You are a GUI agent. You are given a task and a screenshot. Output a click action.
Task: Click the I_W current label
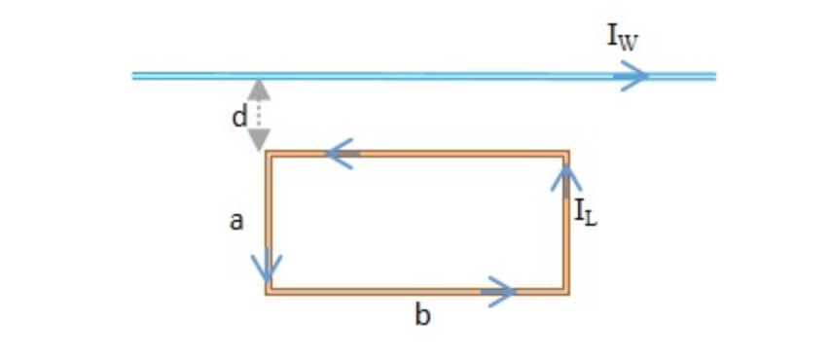coord(623,38)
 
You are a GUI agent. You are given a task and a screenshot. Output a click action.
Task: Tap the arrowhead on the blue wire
coord(634,76)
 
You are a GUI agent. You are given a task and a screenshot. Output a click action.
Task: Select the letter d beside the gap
coord(238,117)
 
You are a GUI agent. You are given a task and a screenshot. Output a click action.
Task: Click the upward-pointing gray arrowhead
coord(258,90)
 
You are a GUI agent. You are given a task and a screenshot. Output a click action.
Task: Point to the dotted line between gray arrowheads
coord(258,115)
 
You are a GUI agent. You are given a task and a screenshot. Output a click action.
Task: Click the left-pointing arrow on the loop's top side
coord(341,154)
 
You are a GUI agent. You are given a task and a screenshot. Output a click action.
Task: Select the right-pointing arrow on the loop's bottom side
coord(498,289)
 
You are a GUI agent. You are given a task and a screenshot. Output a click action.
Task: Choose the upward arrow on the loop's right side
coord(566,178)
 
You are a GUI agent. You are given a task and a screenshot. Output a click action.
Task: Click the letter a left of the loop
coord(235,222)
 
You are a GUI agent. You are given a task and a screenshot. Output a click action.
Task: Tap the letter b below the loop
coord(422,315)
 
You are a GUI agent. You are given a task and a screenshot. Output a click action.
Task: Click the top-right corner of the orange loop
coord(566,154)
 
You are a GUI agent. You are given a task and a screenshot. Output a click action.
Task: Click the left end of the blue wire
coord(134,76)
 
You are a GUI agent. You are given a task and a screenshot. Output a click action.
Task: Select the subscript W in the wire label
coord(630,42)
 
